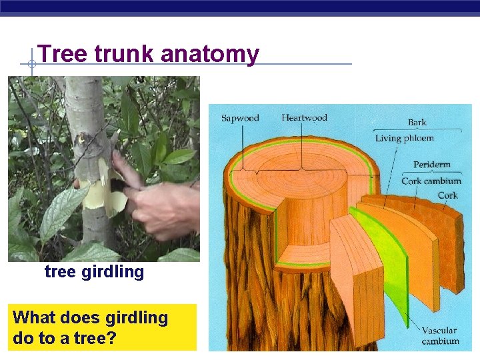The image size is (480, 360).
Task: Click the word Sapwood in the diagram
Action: [240, 118]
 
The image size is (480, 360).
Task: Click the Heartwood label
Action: [304, 117]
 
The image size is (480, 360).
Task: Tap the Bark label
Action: [417, 123]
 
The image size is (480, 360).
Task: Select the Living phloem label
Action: [404, 139]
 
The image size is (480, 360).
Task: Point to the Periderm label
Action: [431, 165]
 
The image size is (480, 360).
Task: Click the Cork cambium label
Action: [431, 181]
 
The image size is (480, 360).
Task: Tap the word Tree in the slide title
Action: [63, 54]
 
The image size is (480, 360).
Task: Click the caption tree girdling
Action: [94, 272]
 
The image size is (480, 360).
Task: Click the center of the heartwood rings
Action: [301, 171]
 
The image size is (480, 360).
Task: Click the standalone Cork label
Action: [447, 196]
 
